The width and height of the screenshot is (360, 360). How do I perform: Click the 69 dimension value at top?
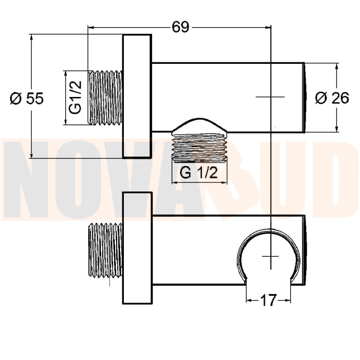click(x=180, y=27)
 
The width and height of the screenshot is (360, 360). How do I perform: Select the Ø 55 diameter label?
click(x=27, y=98)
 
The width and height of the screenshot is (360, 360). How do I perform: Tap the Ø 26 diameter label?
click(x=332, y=98)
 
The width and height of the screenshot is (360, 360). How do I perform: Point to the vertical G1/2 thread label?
click(x=75, y=97)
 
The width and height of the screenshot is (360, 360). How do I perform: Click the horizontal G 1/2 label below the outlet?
click(x=199, y=173)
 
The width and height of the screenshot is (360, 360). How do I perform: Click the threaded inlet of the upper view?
click(x=105, y=98)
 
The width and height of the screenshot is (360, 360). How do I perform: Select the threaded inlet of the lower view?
click(x=105, y=250)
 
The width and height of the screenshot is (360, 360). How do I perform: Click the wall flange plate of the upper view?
click(x=137, y=96)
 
